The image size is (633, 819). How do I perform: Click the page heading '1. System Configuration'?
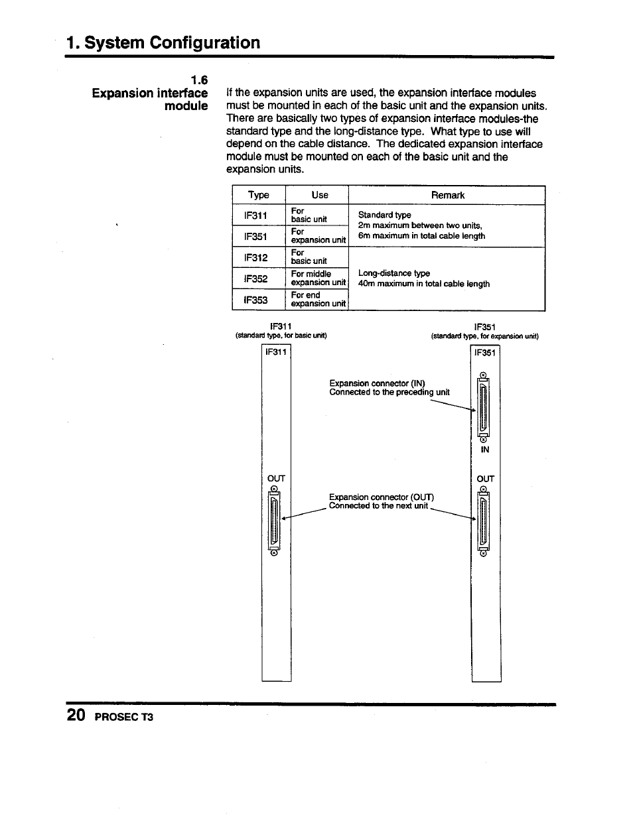point(163,42)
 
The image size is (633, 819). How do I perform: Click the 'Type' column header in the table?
point(258,195)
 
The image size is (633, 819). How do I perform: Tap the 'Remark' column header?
point(447,195)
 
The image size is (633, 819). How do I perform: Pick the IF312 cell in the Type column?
point(255,257)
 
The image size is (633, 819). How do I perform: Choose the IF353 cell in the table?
point(255,300)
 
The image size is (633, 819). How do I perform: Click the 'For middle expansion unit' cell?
point(317,278)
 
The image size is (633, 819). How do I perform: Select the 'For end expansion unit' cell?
point(317,299)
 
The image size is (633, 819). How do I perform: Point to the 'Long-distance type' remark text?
point(394,273)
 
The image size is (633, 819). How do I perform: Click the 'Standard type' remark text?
point(384,215)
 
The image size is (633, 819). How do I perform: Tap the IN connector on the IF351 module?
point(484,406)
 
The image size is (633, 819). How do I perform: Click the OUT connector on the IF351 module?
point(484,521)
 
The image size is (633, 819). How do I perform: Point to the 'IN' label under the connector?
point(484,450)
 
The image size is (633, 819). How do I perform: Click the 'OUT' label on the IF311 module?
point(275,478)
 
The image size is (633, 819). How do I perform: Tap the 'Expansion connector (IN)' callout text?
point(377,383)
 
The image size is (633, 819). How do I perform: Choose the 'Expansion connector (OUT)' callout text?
point(381,497)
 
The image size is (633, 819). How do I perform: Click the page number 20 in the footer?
point(76,716)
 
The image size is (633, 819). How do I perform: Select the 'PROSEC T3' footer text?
point(124,718)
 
